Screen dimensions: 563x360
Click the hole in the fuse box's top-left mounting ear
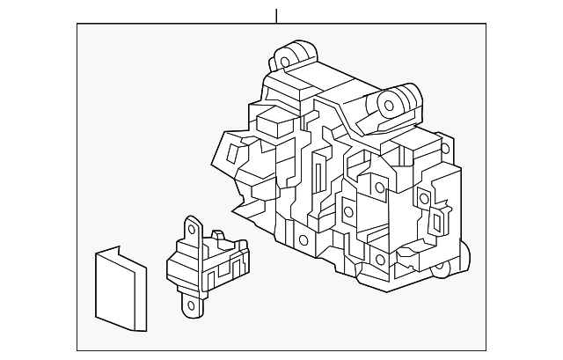(286, 62)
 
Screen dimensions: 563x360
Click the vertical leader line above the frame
(276, 15)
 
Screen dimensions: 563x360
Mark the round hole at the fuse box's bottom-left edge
(303, 239)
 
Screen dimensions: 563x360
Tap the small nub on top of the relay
(215, 236)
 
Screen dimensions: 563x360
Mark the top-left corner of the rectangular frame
(77, 24)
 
